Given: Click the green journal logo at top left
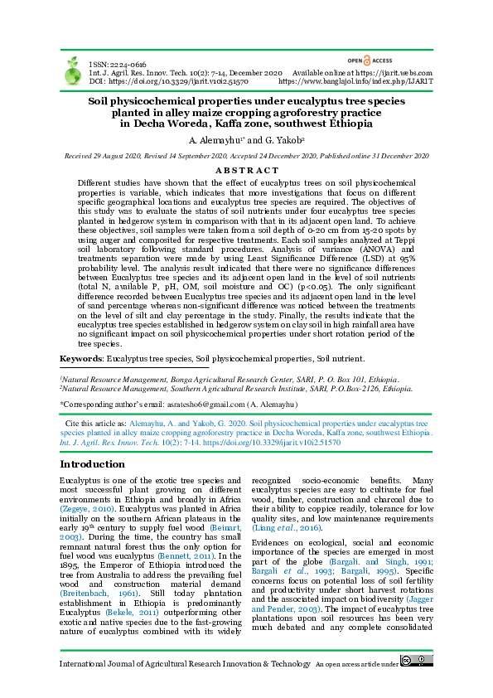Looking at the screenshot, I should coord(70,72).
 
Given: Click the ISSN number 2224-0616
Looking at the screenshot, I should coord(128,65).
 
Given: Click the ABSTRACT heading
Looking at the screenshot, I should coord(246,169).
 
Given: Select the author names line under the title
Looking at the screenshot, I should coord(246,140).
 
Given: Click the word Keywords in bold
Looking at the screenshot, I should coord(80,358).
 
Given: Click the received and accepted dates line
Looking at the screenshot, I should coord(246,156).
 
